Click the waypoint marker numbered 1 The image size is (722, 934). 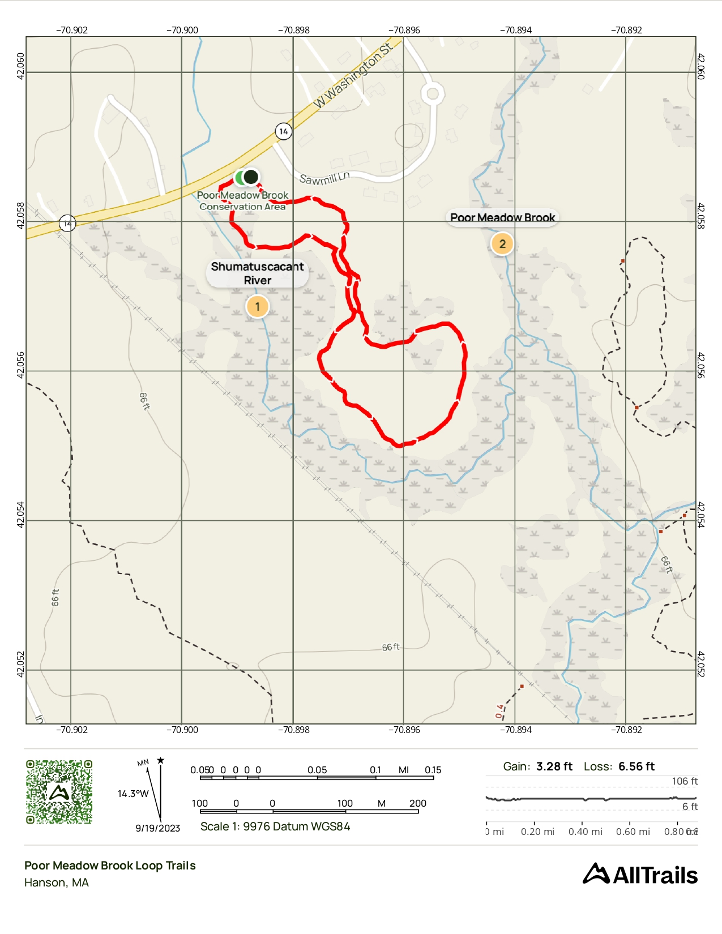pos(257,307)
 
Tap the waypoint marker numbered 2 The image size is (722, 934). pos(502,244)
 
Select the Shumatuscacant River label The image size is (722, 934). pos(257,273)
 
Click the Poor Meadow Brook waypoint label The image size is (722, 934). pos(502,217)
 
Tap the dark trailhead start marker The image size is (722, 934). pos(251,177)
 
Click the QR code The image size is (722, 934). pos(59,792)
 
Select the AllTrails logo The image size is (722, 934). pos(640,875)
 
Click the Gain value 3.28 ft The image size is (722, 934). pos(554,766)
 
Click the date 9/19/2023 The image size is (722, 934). pos(157,828)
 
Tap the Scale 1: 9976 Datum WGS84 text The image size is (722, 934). pos(275,826)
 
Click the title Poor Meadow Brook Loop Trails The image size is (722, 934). pos(110,866)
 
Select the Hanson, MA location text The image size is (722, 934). pos(57,882)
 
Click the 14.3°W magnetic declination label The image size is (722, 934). pos(133,794)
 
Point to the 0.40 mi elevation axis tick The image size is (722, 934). pos(585,832)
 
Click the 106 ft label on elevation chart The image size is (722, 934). pos(684,781)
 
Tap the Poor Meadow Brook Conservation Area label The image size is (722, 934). pos(242,201)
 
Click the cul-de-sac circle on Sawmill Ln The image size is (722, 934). pos(433,93)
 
